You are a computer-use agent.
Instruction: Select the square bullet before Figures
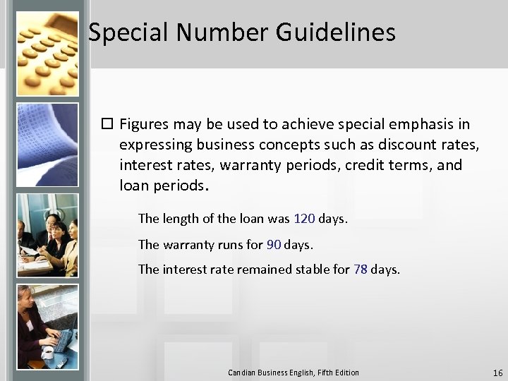[107, 125]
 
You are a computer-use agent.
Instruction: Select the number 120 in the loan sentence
[304, 219]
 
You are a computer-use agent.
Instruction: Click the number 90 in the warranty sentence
[274, 245]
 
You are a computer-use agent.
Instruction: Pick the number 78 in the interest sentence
[360, 270]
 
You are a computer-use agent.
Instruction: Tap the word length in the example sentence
[180, 219]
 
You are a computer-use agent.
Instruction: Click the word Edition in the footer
[345, 373]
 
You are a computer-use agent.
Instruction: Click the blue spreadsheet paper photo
[47, 145]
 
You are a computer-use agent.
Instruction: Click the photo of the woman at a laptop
[47, 327]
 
